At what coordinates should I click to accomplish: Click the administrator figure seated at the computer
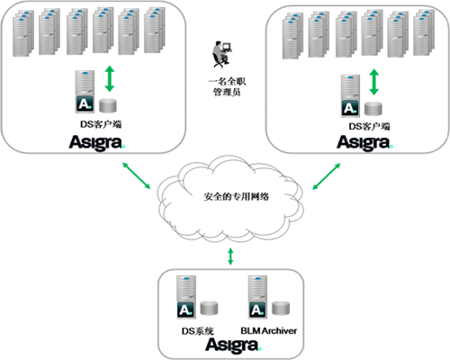click(x=222, y=54)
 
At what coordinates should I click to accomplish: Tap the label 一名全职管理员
click(x=227, y=86)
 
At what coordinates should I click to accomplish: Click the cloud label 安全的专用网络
click(x=237, y=196)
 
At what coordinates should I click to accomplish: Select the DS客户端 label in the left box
click(x=101, y=124)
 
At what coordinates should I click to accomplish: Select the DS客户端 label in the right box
click(x=369, y=127)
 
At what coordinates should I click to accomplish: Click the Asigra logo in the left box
click(x=97, y=143)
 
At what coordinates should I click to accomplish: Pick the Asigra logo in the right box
click(x=364, y=143)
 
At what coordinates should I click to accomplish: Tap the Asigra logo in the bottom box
click(x=234, y=346)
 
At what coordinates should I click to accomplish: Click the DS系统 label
click(x=198, y=331)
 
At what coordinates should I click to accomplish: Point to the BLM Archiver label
click(x=269, y=331)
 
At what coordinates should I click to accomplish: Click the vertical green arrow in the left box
click(x=110, y=78)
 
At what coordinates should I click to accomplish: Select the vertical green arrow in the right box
click(x=373, y=82)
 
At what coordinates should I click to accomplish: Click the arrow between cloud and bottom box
click(x=230, y=256)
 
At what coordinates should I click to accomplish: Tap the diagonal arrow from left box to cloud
click(x=136, y=175)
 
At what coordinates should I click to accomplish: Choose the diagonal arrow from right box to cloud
click(x=327, y=176)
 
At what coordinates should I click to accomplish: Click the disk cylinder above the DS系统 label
click(x=209, y=308)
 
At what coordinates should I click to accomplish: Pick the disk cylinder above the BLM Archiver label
click(x=281, y=308)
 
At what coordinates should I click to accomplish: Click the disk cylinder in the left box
click(x=108, y=105)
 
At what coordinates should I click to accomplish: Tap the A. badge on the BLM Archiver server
click(x=257, y=310)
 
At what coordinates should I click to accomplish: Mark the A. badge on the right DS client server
click(x=350, y=108)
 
